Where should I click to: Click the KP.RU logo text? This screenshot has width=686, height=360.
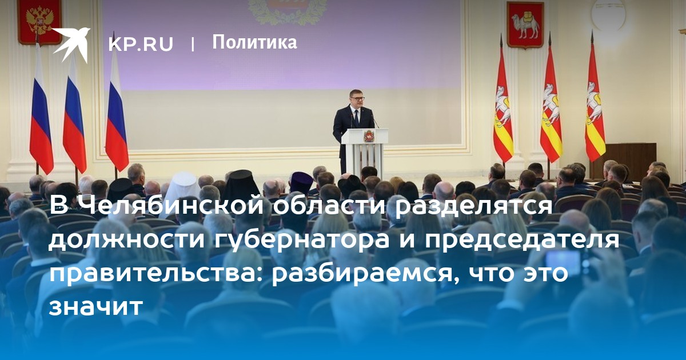pyautogui.click(x=141, y=44)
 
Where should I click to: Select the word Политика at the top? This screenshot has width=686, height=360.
pyautogui.click(x=254, y=42)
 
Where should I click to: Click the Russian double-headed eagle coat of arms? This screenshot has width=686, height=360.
pyautogui.click(x=40, y=22)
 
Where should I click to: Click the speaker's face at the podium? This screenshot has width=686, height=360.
pyautogui.click(x=357, y=98)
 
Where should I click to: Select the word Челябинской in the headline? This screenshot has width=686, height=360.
pyautogui.click(x=171, y=206)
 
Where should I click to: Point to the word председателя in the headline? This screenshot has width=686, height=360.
pyautogui.click(x=522, y=239)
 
